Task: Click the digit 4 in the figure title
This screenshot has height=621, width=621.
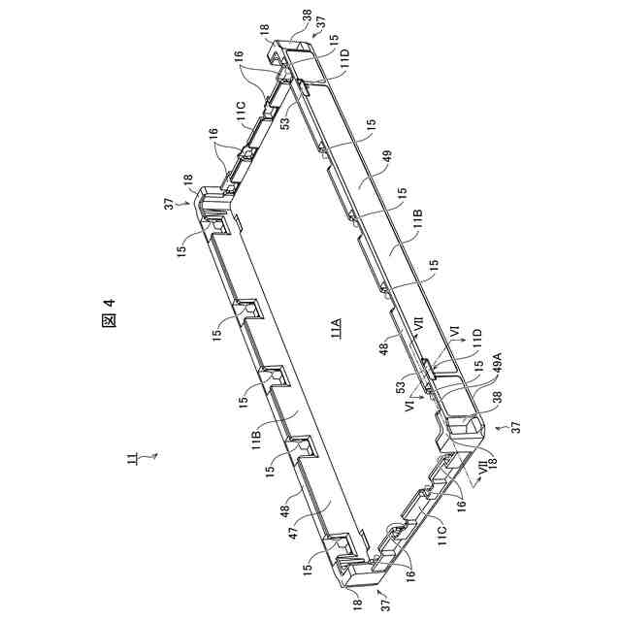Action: [x=110, y=302]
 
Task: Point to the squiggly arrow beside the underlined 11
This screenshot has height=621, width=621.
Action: [x=150, y=456]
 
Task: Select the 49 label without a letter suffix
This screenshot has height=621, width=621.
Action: [x=386, y=158]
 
